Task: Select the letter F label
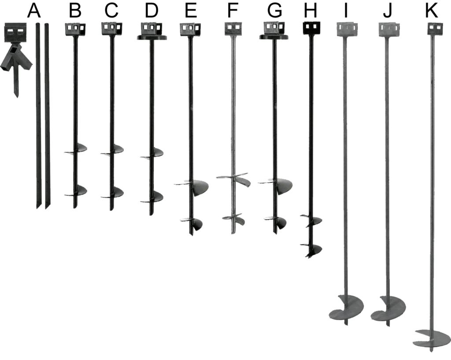coord(233,10)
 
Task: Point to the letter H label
coord(311,10)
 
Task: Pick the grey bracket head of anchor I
coord(346,29)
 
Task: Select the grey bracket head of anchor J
coord(388,29)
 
